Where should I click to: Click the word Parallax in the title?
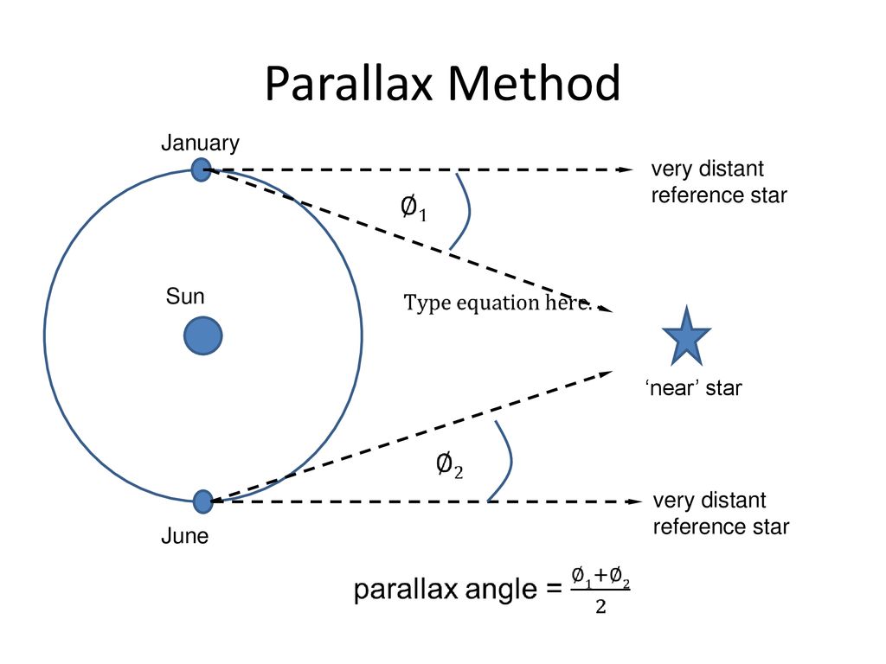coord(350,84)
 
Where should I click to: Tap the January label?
coord(200,143)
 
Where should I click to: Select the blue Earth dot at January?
coord(201,169)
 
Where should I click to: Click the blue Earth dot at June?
coord(202,501)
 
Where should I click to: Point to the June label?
coord(185,536)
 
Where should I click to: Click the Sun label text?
coord(185,297)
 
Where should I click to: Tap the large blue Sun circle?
coord(202,335)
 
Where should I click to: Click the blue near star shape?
coord(686,338)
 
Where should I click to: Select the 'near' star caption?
coord(693,388)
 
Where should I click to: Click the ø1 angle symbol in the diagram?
coord(413,207)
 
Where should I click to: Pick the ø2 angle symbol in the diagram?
coord(449,465)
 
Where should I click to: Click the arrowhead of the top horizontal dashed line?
coord(626,169)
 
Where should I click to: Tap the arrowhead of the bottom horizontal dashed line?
coord(634,501)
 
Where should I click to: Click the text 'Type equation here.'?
coord(498,303)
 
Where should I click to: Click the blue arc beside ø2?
coord(510,460)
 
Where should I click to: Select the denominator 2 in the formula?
coord(600,606)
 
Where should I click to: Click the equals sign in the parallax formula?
coord(555,590)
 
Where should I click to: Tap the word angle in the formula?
coord(501,591)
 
